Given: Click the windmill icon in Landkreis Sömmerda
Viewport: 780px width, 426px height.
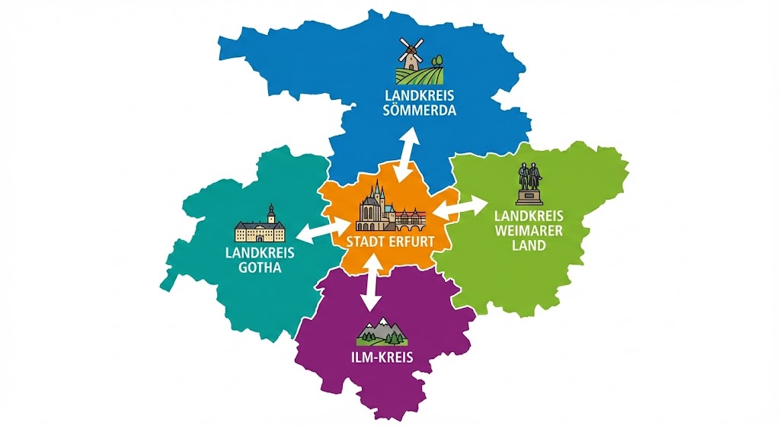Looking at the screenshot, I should [x=411, y=55].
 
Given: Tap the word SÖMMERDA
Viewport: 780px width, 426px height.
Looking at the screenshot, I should [x=420, y=111].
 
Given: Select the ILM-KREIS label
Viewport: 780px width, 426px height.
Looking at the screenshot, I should [x=383, y=355].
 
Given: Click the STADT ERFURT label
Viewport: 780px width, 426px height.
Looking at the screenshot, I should [x=390, y=242].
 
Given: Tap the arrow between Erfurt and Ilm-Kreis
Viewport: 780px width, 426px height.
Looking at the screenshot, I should [x=372, y=282].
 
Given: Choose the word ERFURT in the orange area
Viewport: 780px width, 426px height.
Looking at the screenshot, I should [x=411, y=242].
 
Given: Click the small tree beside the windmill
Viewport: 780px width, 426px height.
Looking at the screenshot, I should [x=436, y=59].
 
